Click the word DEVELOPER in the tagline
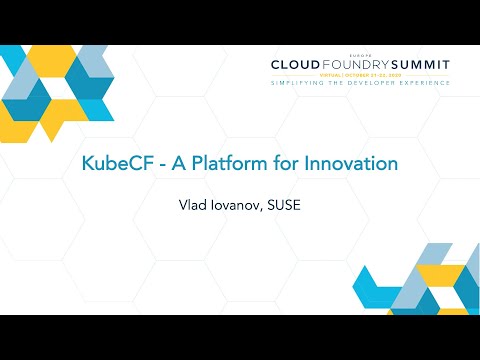tap(370, 83)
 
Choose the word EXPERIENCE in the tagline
tap(423, 83)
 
